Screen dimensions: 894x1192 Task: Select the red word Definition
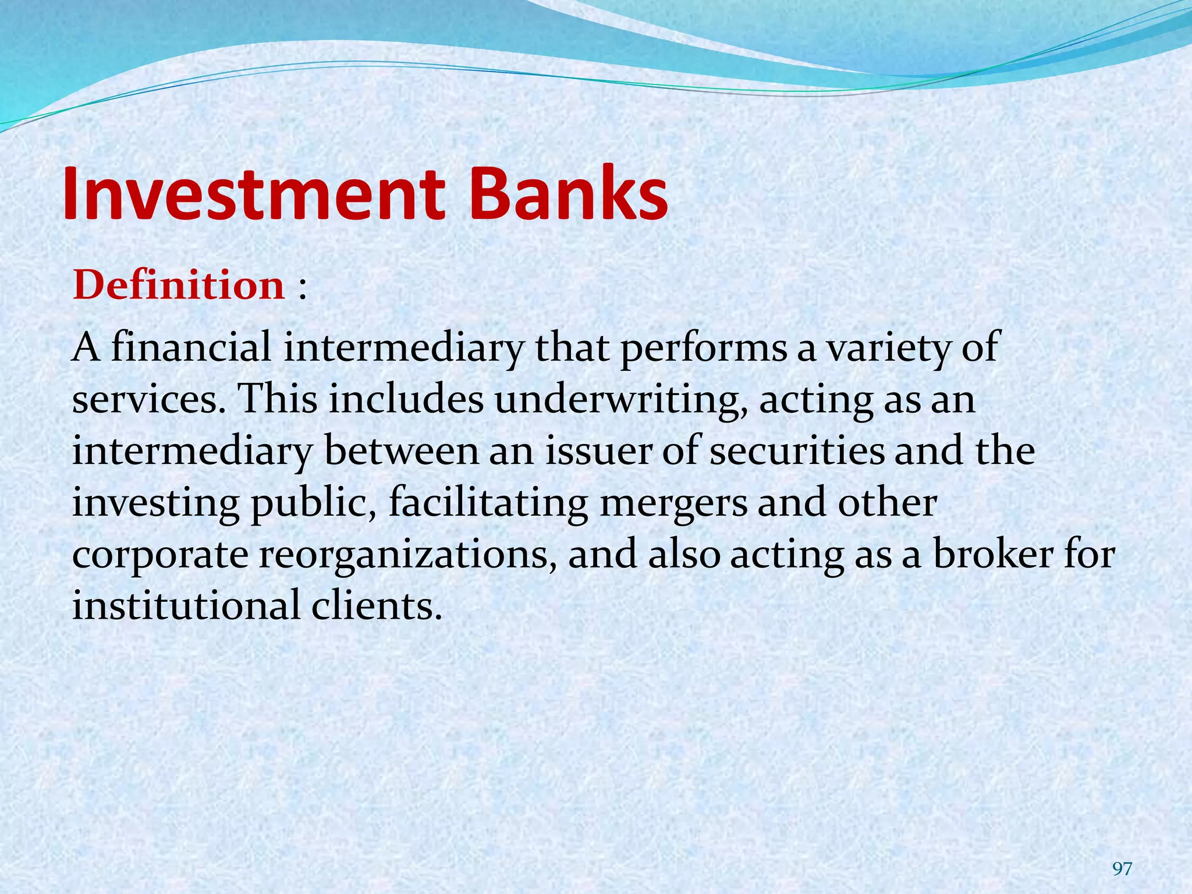click(x=179, y=286)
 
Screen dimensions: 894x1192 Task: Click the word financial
click(x=191, y=347)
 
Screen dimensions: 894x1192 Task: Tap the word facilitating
click(x=488, y=504)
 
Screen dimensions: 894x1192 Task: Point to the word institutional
click(x=186, y=605)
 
